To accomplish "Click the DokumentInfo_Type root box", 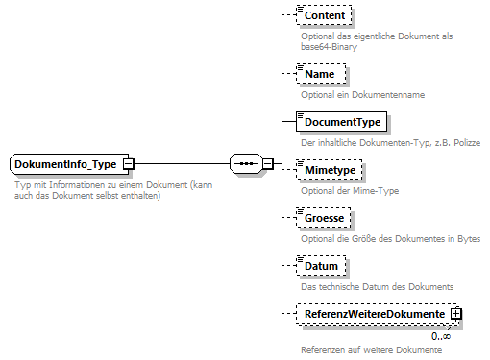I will tap(65, 164).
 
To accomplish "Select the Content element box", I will tap(326, 17).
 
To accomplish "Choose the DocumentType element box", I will tap(343, 122).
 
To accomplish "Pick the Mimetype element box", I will tap(330, 170).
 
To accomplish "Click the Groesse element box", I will tap(325, 219).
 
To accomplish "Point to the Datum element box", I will tap(321, 266).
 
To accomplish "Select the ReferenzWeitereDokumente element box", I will tap(373, 314).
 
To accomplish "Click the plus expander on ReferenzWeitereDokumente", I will tap(456, 314).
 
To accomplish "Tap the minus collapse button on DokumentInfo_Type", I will tap(128, 164).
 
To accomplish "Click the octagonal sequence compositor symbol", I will tap(246, 164).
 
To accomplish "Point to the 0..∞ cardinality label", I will tap(441, 336).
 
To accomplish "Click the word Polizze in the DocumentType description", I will tap(463, 142).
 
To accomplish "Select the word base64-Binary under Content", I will tap(327, 45).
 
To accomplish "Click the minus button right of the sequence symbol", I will tap(268, 164).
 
